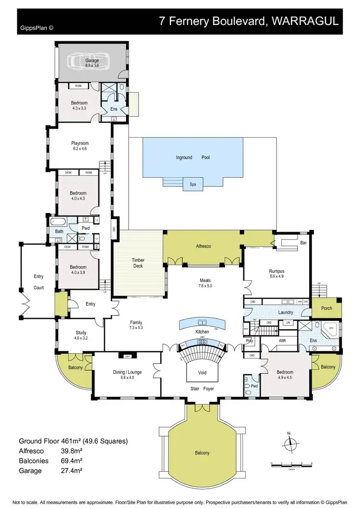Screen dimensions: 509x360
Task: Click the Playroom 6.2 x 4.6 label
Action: pos(80,146)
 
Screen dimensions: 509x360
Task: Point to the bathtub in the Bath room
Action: pos(59,222)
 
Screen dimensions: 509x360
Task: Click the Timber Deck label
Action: pos(138,263)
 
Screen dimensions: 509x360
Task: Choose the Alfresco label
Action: pos(203,246)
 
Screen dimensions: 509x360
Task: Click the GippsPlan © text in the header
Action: pos(37,28)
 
